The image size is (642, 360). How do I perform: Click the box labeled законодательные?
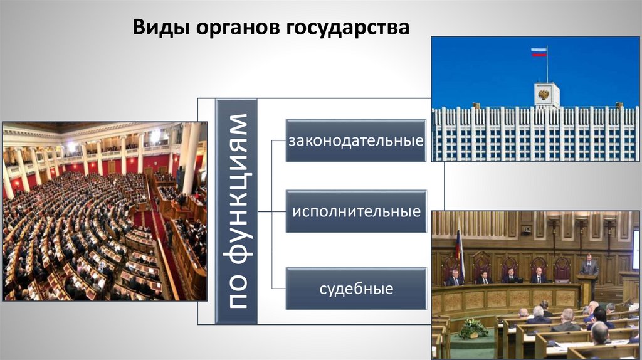point(356,140)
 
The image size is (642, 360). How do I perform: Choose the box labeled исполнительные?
point(356,211)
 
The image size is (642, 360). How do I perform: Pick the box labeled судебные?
point(356,289)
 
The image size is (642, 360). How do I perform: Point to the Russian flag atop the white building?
point(539,52)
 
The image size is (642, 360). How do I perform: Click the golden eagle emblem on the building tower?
point(544,95)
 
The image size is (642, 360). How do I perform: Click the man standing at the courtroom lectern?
point(589,265)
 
